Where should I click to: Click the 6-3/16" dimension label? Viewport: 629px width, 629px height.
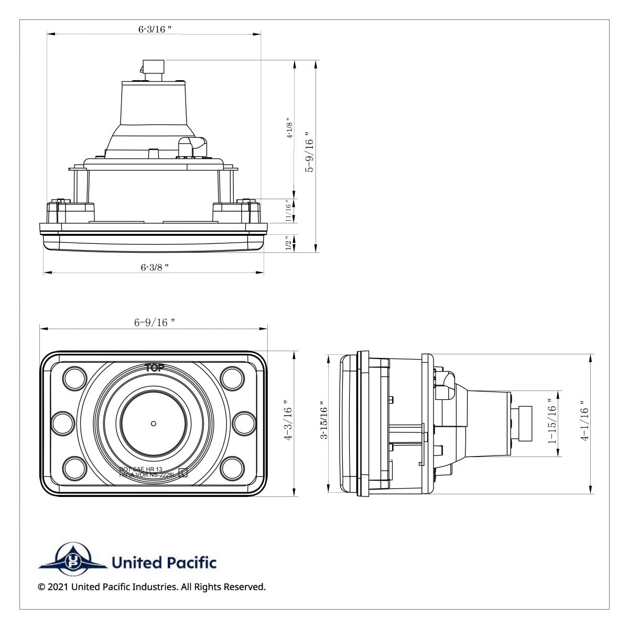(155, 29)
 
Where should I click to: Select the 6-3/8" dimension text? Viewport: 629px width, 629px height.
(155, 267)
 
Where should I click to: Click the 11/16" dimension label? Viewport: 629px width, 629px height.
(288, 211)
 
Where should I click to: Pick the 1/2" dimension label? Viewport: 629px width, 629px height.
(288, 243)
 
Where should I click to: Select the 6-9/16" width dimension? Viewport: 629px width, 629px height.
(154, 323)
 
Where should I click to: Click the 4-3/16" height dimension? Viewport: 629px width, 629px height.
(287, 421)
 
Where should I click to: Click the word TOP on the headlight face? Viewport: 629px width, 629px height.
(154, 367)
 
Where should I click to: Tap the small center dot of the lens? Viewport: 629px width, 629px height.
(153, 423)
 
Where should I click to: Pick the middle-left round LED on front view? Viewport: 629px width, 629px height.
(63, 422)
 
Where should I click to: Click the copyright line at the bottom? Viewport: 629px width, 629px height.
(152, 587)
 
